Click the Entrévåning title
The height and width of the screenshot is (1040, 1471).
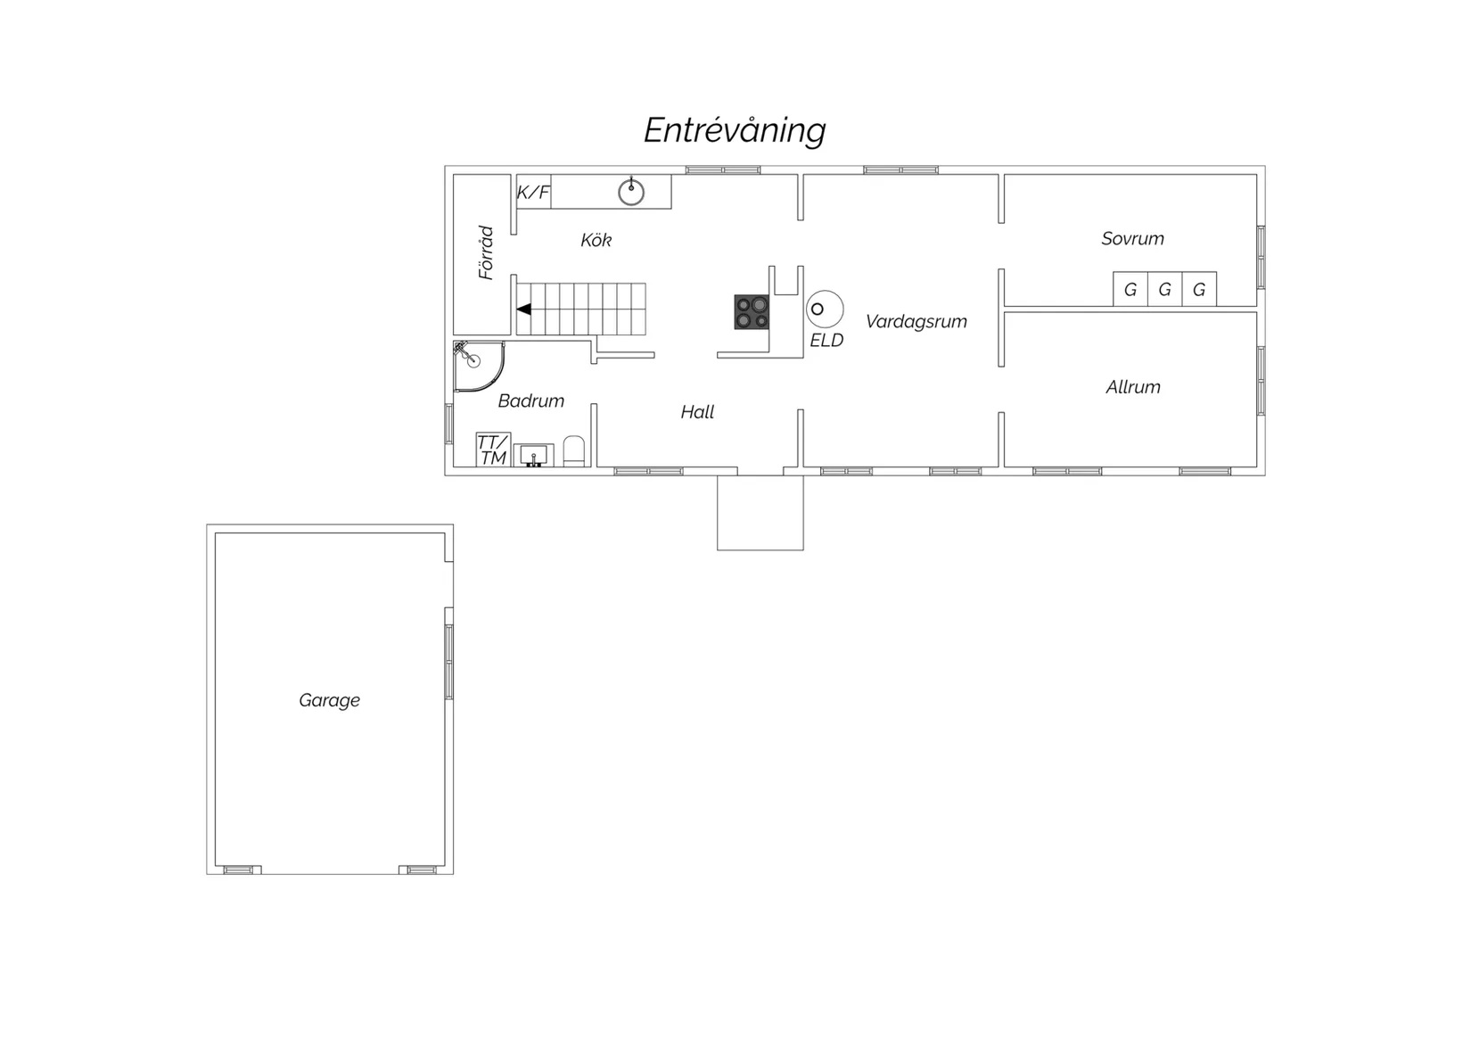[x=735, y=131]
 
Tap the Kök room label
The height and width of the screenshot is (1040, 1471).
[x=596, y=240]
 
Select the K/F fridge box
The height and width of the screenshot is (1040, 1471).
[x=533, y=192]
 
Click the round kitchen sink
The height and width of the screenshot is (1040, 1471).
[x=631, y=192]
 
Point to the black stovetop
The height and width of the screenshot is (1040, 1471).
[x=752, y=312]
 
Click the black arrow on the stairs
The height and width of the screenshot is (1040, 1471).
[x=523, y=309]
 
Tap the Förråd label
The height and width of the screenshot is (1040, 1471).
[x=485, y=253]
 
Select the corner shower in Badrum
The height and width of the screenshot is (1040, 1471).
[x=479, y=367]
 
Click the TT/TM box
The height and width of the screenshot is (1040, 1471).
[x=493, y=450]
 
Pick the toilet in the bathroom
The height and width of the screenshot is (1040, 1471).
[x=574, y=451]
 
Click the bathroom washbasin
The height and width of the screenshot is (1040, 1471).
[x=533, y=455]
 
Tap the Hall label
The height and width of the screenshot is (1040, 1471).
[x=697, y=412]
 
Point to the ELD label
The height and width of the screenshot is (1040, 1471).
[x=826, y=341]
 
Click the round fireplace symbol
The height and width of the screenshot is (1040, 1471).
[x=825, y=310]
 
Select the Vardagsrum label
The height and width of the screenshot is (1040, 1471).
[x=916, y=321]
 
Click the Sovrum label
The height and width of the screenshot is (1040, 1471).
[x=1133, y=238]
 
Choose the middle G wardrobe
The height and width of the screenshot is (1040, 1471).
[x=1165, y=289]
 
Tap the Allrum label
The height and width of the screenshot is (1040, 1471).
[x=1133, y=387]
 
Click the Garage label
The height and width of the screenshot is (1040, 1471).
[x=329, y=700]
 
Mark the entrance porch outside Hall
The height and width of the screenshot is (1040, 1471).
[x=760, y=513]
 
